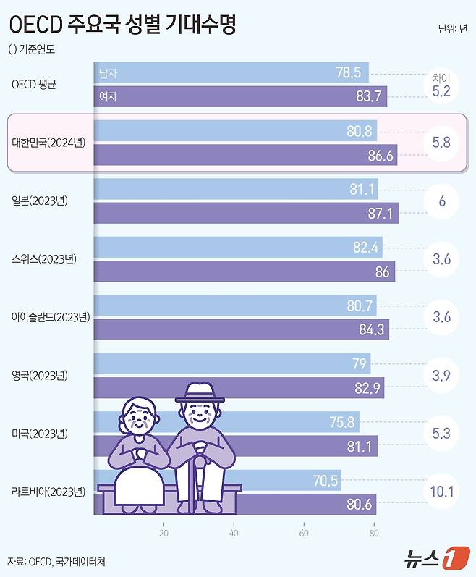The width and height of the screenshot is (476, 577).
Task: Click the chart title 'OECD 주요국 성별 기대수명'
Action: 123,25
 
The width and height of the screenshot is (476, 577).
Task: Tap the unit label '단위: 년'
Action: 453,29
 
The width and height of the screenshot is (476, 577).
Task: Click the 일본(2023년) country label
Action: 44,201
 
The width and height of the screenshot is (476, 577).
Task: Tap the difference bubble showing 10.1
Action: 441,493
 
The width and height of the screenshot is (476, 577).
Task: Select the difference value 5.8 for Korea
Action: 441,143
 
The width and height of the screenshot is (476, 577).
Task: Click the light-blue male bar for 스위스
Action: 231,248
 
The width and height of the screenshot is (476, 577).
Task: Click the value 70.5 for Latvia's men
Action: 325,481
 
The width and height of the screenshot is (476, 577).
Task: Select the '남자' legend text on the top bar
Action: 108,73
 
